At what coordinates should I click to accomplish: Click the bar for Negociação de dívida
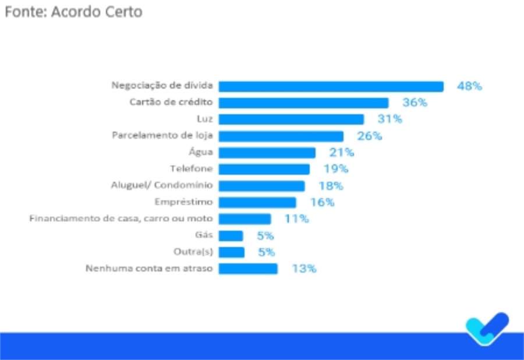[331, 86]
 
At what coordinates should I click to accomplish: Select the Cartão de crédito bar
[303, 103]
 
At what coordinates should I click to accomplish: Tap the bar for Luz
[291, 119]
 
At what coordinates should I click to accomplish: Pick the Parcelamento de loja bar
[281, 136]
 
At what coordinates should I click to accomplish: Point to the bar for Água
[267, 153]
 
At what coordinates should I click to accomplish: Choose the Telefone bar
[264, 169]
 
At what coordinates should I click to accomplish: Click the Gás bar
[231, 236]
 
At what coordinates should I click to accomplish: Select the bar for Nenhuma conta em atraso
[248, 269]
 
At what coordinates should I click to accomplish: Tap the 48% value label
[469, 86]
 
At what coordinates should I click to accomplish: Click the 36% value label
[415, 103]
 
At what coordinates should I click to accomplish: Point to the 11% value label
[296, 219]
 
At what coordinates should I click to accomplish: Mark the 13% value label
[304, 269]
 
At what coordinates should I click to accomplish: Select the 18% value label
[331, 186]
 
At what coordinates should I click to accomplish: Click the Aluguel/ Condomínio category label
[162, 186]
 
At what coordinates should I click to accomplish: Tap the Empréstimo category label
[184, 202]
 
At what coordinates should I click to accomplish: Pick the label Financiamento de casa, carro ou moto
[121, 219]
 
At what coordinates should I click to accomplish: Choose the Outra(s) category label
[193, 252]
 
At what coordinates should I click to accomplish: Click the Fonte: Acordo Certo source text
[73, 12]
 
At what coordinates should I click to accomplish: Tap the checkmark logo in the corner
[487, 329]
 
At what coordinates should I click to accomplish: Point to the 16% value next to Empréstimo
[322, 202]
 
